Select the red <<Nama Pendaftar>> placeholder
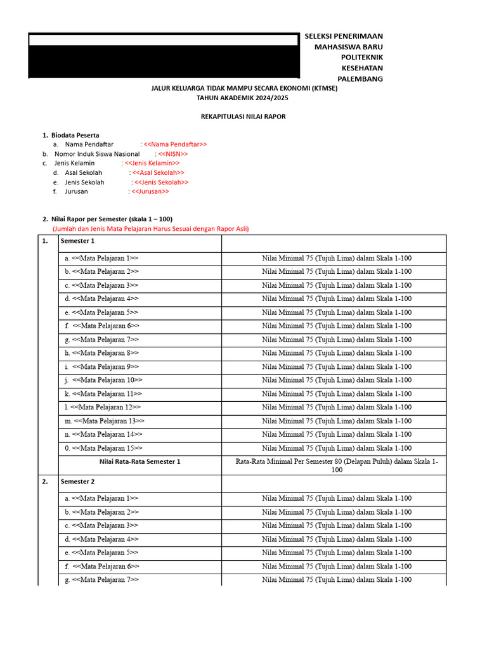pos(175,145)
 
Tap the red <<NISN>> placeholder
pos(172,154)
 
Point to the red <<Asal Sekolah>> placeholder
pos(157,172)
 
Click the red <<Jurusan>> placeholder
pos(150,191)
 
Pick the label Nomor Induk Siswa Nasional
pos(97,154)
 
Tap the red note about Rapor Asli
pos(150,229)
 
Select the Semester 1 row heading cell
pos(140,241)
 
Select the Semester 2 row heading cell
pos(140,482)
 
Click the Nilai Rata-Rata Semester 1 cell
pos(140,462)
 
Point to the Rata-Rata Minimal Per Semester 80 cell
pos(336,466)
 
